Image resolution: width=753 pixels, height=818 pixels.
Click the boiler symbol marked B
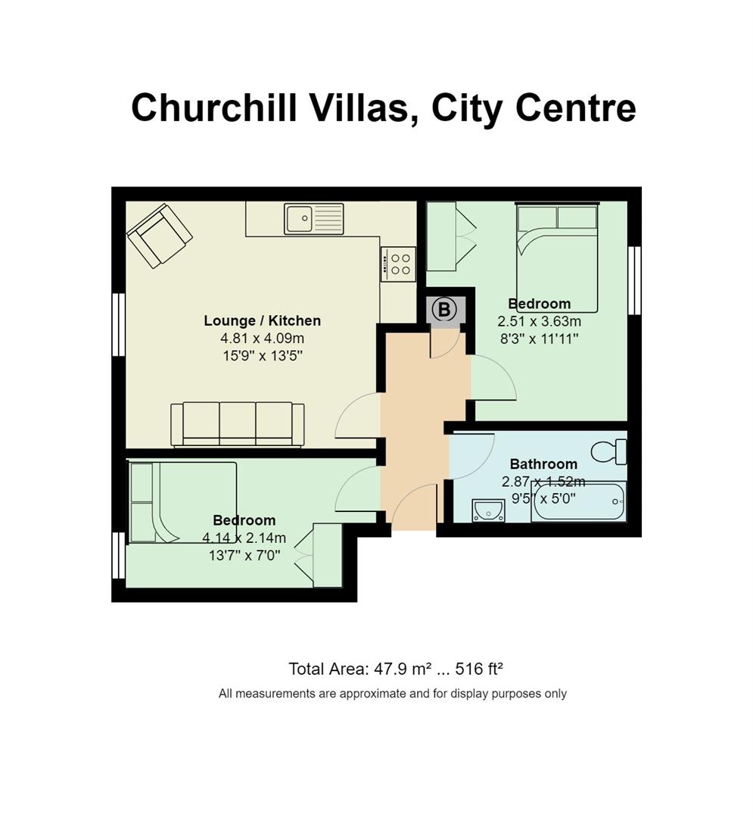[444, 310]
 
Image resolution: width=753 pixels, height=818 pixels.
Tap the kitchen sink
[314, 219]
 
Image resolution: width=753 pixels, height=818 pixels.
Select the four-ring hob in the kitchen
[398, 264]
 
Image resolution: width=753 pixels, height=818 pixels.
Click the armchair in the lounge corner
[160, 236]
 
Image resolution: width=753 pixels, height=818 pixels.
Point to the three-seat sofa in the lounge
[238, 425]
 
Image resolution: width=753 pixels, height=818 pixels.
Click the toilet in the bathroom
[609, 451]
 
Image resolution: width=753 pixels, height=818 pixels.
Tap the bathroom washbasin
[488, 510]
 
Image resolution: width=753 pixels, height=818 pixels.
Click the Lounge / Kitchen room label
[262, 320]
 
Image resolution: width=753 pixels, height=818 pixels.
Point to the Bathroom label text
[543, 464]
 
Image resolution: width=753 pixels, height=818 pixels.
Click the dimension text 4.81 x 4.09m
[262, 338]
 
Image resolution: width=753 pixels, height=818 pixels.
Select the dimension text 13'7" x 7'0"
[244, 556]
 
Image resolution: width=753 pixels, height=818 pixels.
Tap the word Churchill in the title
[214, 108]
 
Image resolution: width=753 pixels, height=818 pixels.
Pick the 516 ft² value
[479, 668]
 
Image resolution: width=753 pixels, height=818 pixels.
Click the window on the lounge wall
[119, 324]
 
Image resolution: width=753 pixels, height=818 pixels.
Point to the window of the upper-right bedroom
[634, 280]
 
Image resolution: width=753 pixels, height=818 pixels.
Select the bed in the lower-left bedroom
[182, 502]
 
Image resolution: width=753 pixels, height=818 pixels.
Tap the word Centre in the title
[576, 108]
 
